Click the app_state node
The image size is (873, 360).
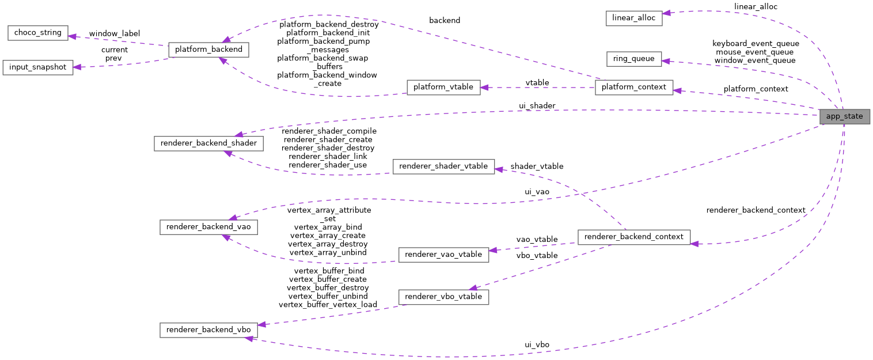pos(844,116)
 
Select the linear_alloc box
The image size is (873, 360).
pos(633,18)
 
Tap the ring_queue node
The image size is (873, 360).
pos(633,59)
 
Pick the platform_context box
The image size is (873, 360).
pos(633,87)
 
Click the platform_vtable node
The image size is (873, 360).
pos(443,87)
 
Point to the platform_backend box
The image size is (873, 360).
pos(208,50)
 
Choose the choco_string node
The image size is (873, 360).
pos(38,32)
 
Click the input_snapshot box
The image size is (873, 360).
pos(38,67)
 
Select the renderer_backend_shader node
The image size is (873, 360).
pos(208,143)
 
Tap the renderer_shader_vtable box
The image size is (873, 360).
pos(443,166)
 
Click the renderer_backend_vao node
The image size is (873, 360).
pos(208,227)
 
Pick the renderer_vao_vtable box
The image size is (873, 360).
pos(443,254)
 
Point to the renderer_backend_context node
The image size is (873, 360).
pos(633,236)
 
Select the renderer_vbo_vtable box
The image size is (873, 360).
pos(443,297)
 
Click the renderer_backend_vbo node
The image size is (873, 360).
pos(208,330)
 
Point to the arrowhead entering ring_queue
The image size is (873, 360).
pos(665,60)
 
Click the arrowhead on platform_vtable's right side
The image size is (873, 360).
pos(484,88)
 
